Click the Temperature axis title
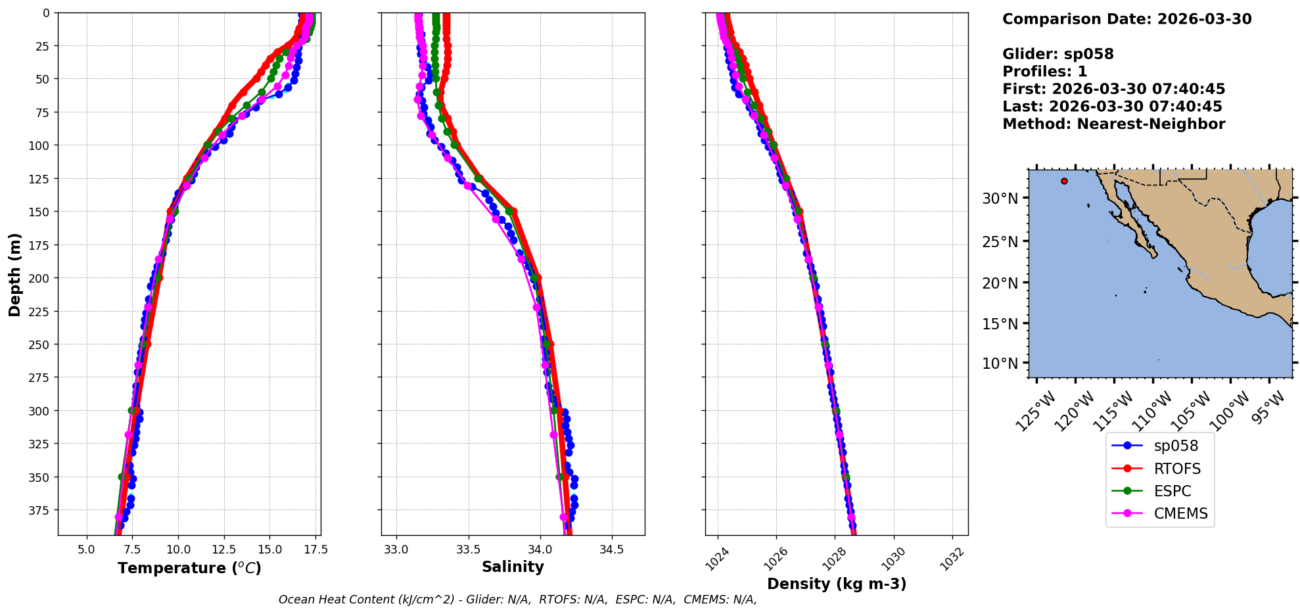(189, 568)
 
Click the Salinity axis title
(513, 567)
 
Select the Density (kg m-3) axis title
(837, 584)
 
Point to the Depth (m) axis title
(14, 274)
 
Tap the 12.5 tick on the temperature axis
(223, 550)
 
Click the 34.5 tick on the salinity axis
(612, 550)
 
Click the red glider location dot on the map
(1064, 181)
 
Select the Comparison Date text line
(1126, 19)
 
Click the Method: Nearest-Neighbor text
(1113, 124)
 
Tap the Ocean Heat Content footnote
(517, 600)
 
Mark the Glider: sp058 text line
(1057, 54)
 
